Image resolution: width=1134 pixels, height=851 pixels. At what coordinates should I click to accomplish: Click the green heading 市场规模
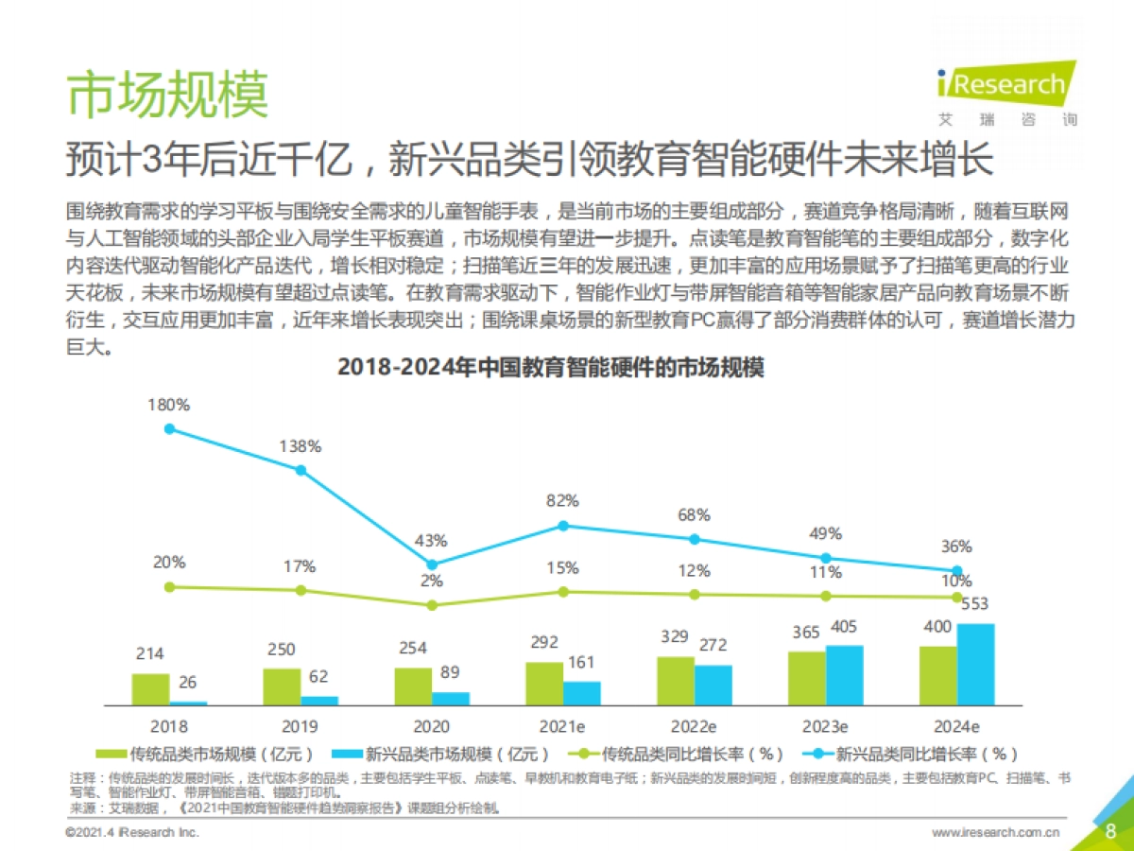167,95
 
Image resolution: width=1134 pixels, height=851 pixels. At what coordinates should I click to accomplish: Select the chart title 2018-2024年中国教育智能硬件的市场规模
551,368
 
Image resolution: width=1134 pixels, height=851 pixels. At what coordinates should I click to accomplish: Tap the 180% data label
169,405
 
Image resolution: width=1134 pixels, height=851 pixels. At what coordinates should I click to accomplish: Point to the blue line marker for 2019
301,470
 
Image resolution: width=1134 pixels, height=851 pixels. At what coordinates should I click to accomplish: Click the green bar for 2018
150,689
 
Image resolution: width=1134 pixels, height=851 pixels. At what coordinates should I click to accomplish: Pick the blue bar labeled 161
581,693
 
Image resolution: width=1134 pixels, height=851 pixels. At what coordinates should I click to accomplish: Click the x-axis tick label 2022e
694,727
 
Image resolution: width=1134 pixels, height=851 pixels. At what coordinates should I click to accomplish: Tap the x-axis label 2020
432,727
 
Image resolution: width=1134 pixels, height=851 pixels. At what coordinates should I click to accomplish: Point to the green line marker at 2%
432,604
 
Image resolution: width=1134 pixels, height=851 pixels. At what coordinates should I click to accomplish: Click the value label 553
975,605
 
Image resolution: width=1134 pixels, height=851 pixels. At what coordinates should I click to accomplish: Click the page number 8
1110,831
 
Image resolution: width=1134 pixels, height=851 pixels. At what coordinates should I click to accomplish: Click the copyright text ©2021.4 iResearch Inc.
132,832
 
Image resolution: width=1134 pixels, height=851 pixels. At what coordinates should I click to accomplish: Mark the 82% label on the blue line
562,501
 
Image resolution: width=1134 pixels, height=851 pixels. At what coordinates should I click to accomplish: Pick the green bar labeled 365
807,678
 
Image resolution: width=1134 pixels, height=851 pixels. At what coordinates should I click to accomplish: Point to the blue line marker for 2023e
825,558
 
